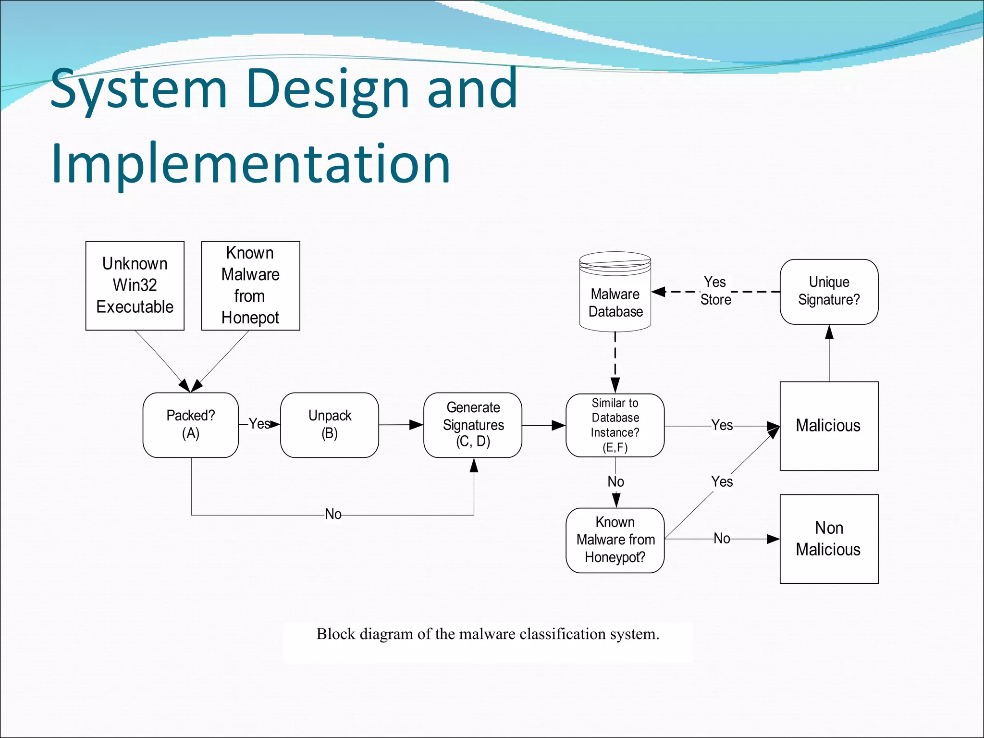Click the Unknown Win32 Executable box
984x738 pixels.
135,285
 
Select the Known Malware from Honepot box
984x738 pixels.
250,285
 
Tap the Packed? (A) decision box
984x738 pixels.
191,425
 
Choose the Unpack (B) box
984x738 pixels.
330,425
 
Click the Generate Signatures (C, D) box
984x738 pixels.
473,425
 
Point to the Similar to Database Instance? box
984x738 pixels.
615,425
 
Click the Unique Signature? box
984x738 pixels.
829,292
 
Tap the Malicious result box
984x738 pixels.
829,426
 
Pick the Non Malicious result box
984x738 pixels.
829,539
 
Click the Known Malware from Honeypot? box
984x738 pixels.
615,540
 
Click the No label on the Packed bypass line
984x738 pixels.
333,515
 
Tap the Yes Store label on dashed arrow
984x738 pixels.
715,291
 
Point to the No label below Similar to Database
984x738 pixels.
615,482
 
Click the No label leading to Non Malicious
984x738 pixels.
722,539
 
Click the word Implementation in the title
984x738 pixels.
250,164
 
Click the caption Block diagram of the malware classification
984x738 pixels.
488,634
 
